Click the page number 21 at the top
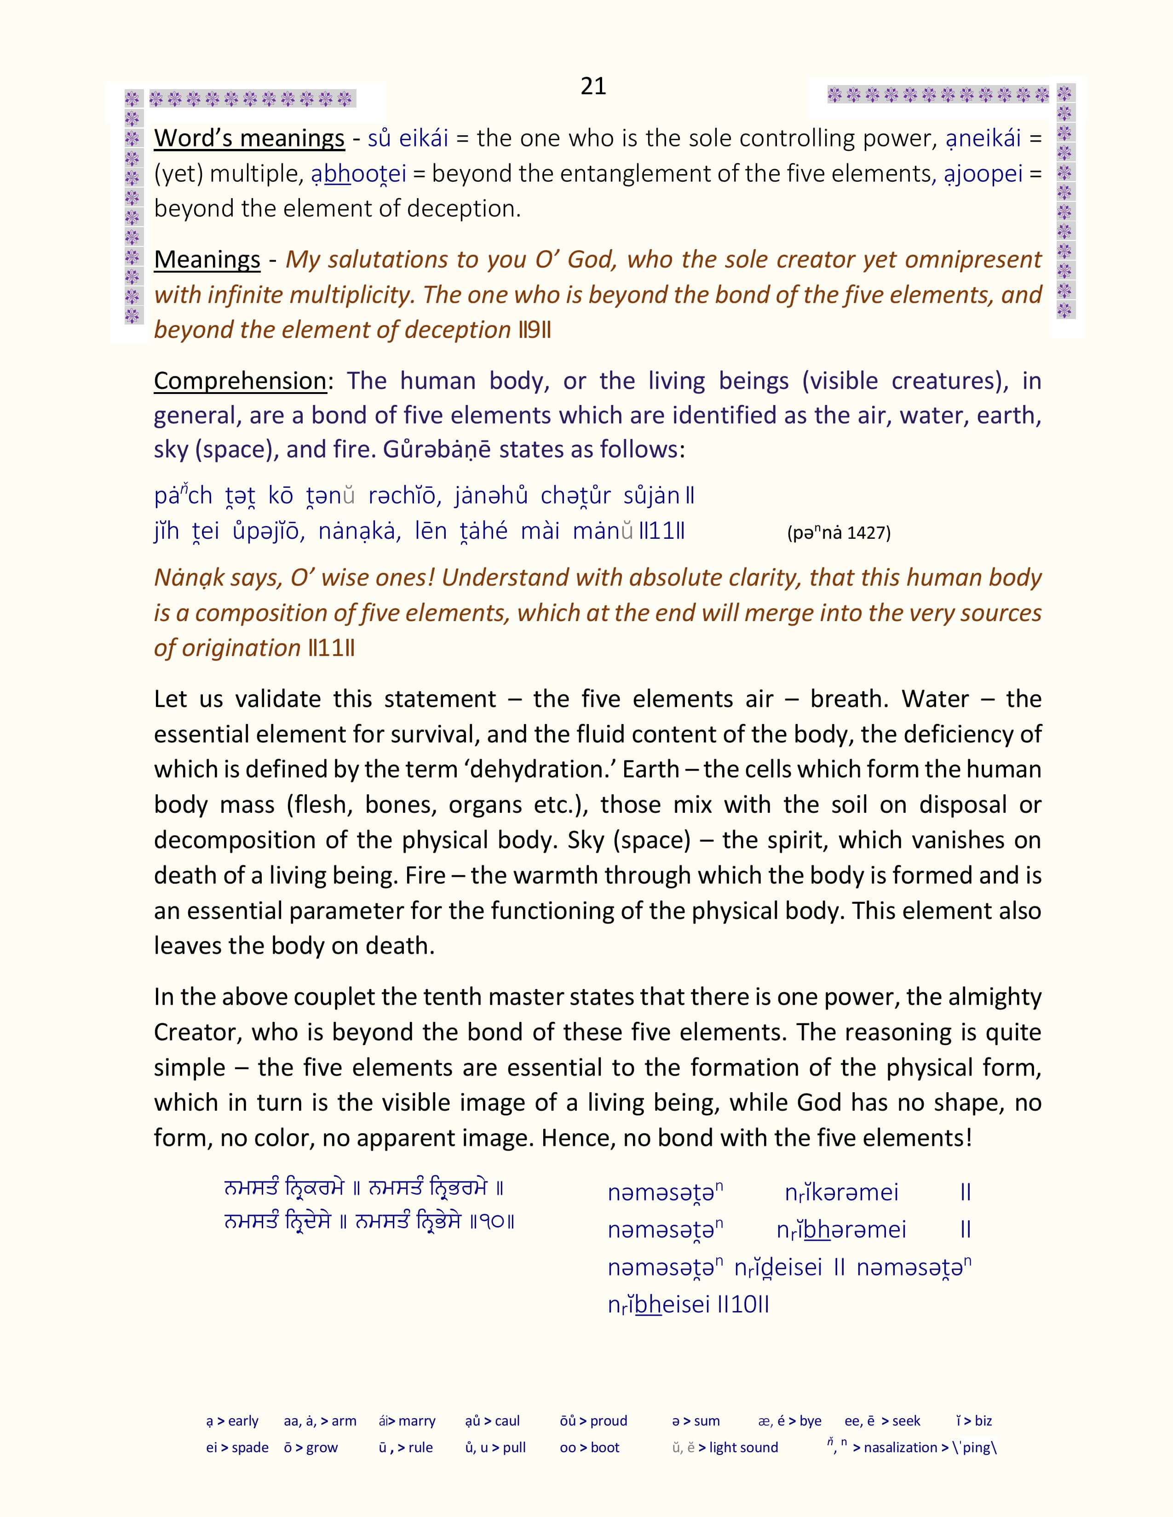click(593, 86)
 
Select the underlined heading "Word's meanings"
click(249, 138)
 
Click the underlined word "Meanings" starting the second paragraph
click(207, 260)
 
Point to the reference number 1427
click(868, 533)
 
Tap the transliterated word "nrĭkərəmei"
click(841, 1192)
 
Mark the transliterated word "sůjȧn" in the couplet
click(651, 496)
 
